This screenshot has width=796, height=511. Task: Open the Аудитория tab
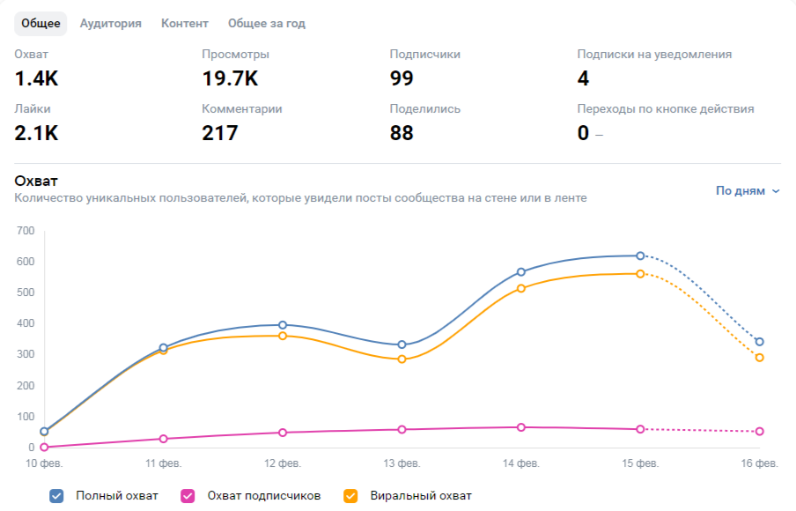pyautogui.click(x=110, y=24)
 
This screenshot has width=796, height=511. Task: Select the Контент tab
pyautogui.click(x=185, y=24)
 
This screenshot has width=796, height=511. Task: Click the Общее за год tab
pyautogui.click(x=267, y=24)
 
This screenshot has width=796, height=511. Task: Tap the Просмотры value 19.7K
pyautogui.click(x=230, y=78)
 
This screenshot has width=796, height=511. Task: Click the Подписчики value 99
pyautogui.click(x=402, y=78)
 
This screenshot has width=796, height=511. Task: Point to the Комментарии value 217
pyautogui.click(x=220, y=133)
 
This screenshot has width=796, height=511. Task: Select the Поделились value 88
pyautogui.click(x=402, y=133)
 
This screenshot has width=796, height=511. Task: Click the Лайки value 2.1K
pyautogui.click(x=36, y=133)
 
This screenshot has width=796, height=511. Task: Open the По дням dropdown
pyautogui.click(x=748, y=190)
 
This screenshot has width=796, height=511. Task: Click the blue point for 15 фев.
pyautogui.click(x=640, y=255)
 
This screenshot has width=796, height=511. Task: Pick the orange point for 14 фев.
pyautogui.click(x=521, y=288)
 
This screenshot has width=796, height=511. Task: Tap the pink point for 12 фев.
pyautogui.click(x=283, y=433)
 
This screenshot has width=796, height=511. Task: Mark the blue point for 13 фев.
pyautogui.click(x=402, y=344)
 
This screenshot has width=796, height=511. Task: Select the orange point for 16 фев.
pyautogui.click(x=759, y=358)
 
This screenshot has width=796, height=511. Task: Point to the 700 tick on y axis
pyautogui.click(x=25, y=231)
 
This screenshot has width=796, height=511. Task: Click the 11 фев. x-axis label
pyautogui.click(x=164, y=463)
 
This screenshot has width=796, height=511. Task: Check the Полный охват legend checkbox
pyautogui.click(x=57, y=496)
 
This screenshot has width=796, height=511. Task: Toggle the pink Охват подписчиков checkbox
pyautogui.click(x=188, y=496)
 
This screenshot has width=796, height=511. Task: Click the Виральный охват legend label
pyautogui.click(x=421, y=496)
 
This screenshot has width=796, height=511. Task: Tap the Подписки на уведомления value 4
pyautogui.click(x=583, y=78)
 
